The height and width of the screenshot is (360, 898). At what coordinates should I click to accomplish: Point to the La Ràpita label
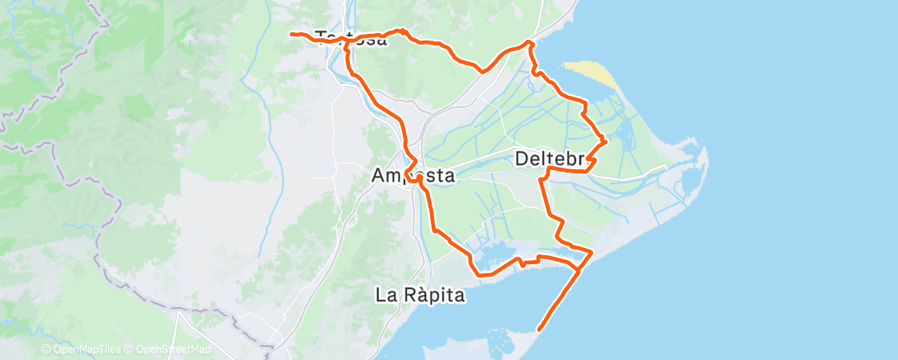(x=421, y=294)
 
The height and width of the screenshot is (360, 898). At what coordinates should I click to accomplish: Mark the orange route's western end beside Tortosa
(x=291, y=34)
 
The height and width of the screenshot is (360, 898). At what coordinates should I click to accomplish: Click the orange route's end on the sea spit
(x=540, y=329)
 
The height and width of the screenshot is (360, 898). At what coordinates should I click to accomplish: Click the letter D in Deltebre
(x=522, y=157)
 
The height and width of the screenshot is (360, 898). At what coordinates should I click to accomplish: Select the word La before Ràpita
(x=385, y=294)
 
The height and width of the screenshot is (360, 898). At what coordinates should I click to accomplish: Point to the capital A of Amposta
(x=379, y=176)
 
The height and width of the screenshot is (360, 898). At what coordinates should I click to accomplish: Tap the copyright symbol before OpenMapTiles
(x=45, y=349)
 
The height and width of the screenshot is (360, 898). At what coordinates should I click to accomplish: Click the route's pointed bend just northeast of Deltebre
(x=606, y=141)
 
